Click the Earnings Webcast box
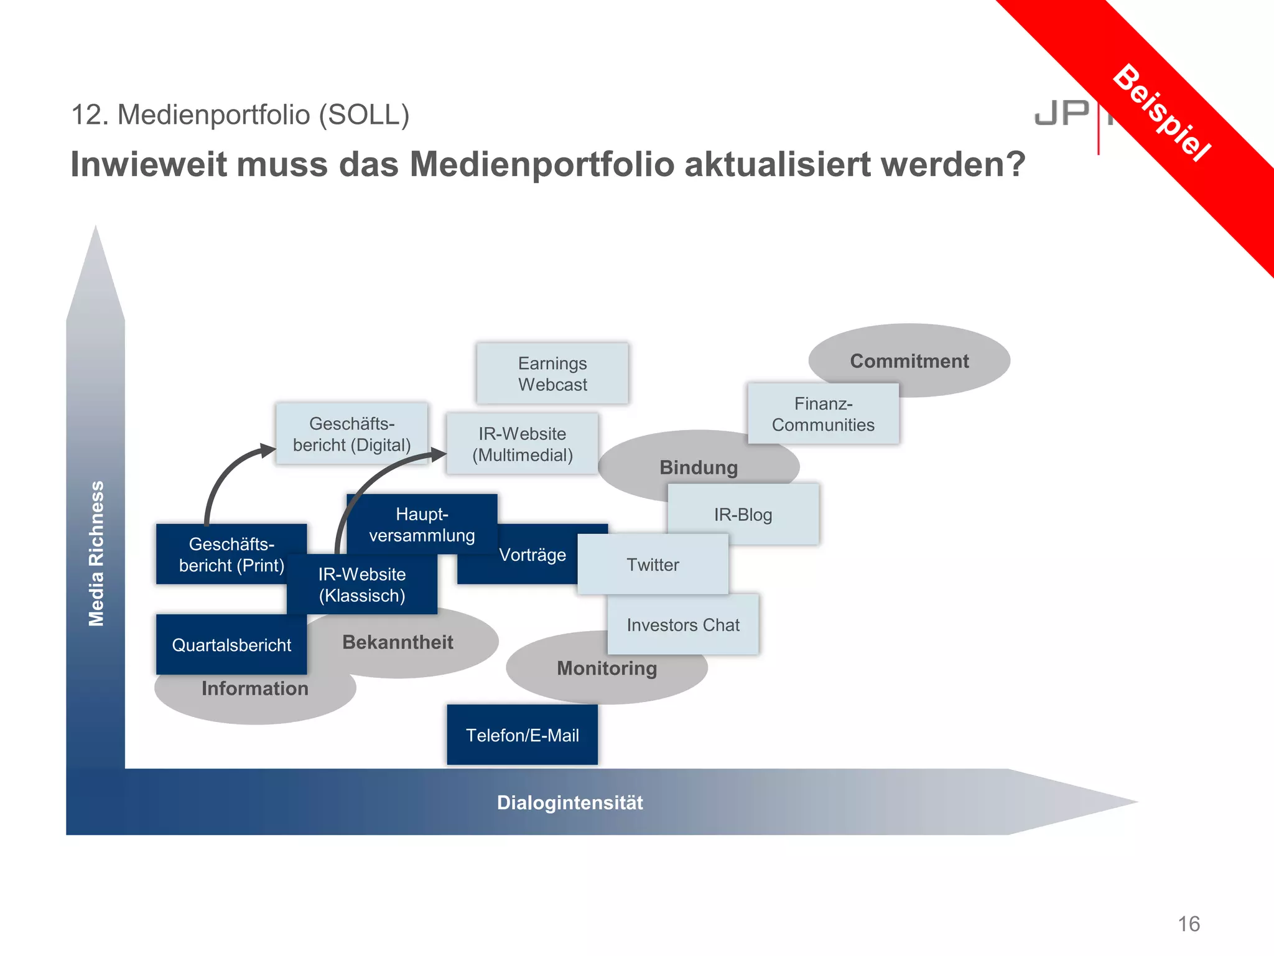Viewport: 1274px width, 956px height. (552, 373)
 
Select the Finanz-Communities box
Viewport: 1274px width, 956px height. (823, 414)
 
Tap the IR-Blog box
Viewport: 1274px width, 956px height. (743, 515)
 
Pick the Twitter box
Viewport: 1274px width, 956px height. (653, 565)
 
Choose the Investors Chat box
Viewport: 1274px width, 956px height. (683, 625)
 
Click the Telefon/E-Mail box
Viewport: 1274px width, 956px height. (523, 735)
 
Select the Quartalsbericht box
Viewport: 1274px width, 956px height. (231, 645)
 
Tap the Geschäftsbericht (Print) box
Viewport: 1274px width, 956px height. (231, 554)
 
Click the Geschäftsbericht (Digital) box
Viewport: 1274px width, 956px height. (351, 434)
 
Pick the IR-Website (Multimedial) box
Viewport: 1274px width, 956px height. (523, 444)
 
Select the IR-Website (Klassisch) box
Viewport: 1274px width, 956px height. (362, 584)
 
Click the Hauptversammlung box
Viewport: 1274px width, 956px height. (422, 524)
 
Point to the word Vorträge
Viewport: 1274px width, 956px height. (532, 555)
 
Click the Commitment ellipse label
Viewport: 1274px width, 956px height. (909, 361)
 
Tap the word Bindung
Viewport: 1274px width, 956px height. (699, 467)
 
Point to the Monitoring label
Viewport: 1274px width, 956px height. (607, 668)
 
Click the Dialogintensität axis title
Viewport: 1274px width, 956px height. (570, 803)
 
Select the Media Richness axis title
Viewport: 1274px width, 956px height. (96, 553)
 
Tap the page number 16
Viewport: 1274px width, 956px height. (1189, 924)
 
